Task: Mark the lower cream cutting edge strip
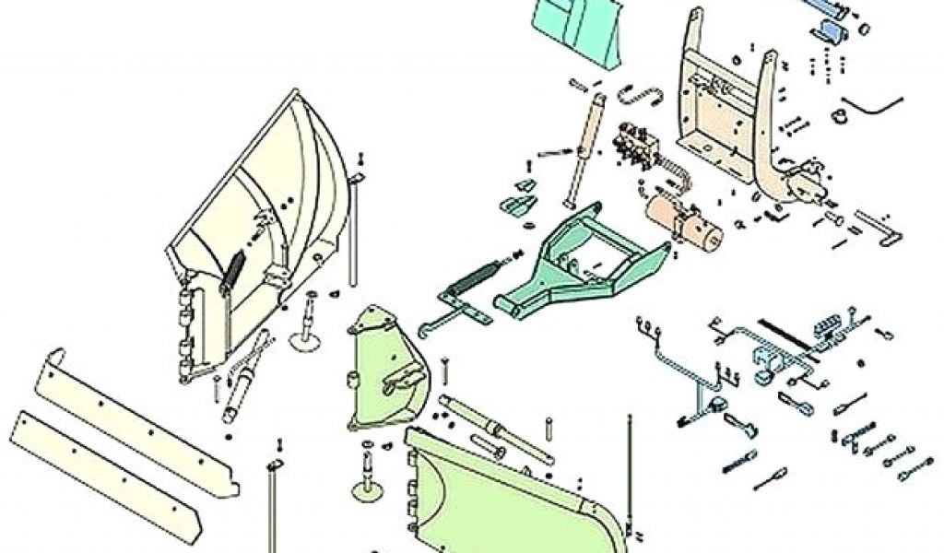106,470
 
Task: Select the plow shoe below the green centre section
368,475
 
